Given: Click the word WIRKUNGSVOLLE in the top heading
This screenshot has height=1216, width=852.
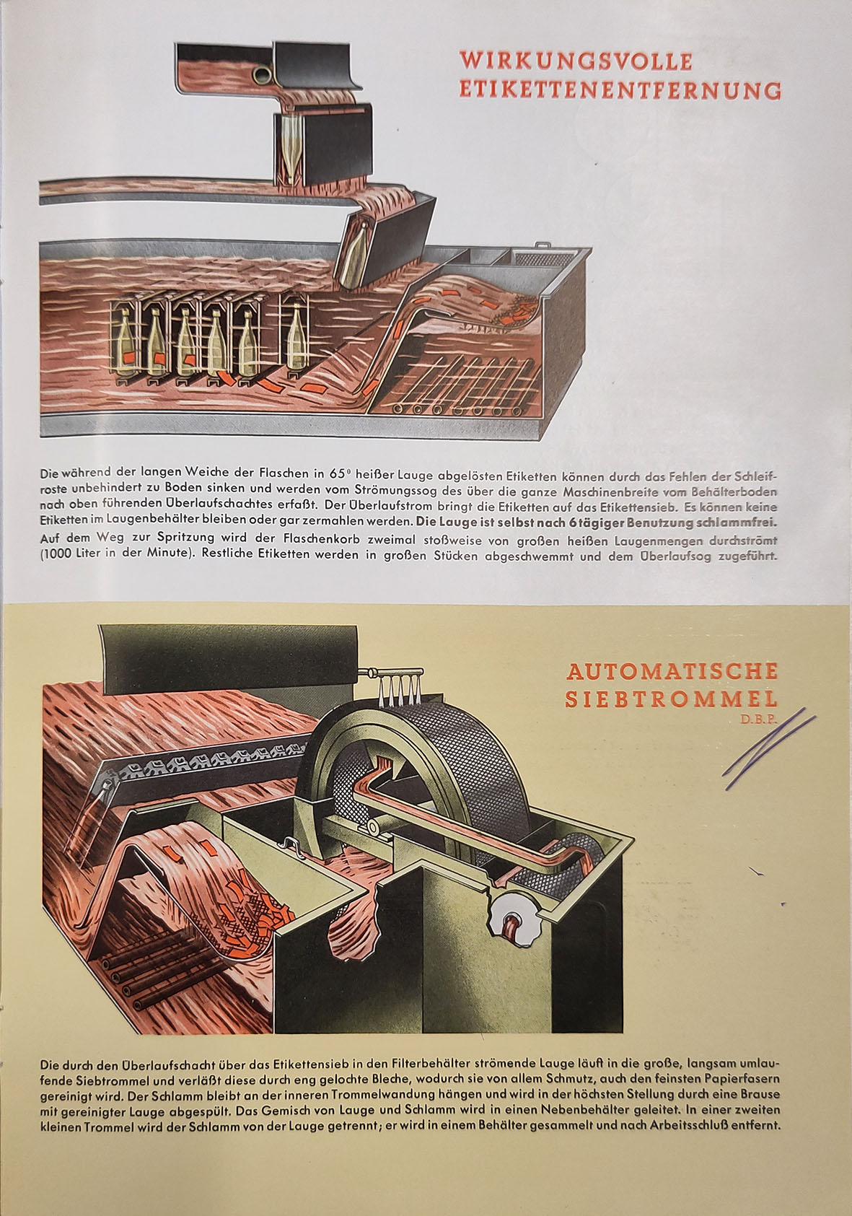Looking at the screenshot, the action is pos(576,61).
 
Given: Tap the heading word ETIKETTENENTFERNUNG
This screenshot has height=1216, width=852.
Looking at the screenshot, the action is pos(620,90).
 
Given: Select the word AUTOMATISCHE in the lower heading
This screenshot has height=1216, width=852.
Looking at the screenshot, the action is pos(672,672).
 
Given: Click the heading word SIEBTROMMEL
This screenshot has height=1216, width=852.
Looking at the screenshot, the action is pos(672,699).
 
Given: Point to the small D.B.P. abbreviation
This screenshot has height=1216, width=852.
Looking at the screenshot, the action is pos(759,719).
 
